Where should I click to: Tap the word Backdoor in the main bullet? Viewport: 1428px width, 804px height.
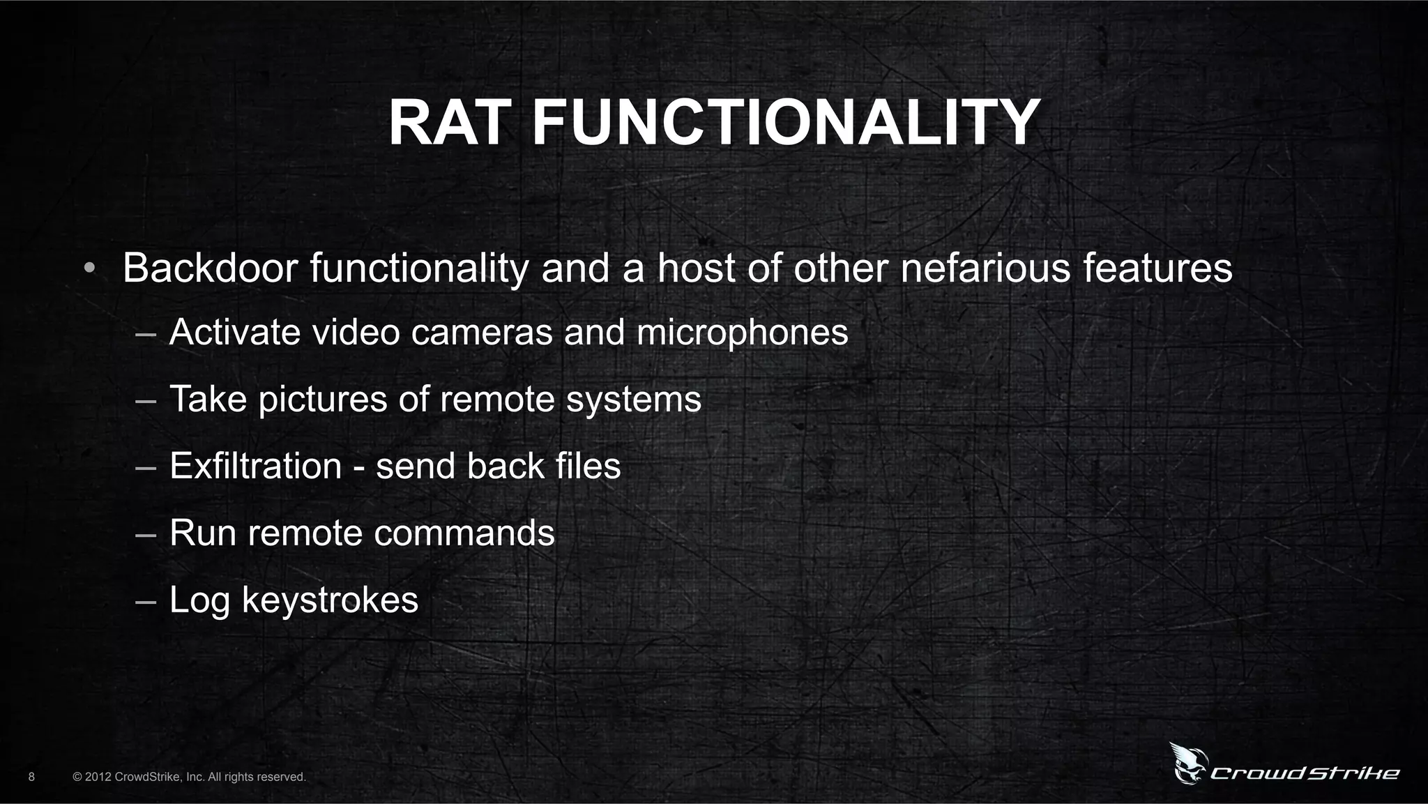[x=210, y=268]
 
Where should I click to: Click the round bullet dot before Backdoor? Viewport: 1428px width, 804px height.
[x=89, y=269]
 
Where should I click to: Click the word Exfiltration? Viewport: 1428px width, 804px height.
[x=255, y=466]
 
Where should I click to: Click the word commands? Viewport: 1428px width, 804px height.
[x=464, y=533]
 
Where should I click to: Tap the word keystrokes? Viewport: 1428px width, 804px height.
[x=330, y=600]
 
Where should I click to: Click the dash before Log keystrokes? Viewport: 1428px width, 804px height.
[x=145, y=601]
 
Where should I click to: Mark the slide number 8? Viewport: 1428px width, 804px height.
[x=31, y=776]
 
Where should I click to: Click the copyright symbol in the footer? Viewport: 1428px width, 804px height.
[x=77, y=777]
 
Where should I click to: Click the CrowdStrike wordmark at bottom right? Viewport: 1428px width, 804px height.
[x=1305, y=773]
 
